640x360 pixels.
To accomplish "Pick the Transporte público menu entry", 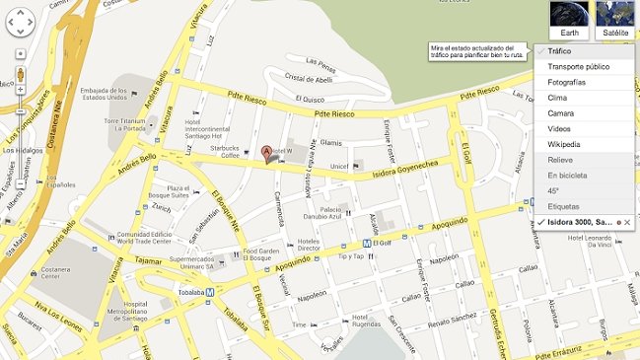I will (x=578, y=67).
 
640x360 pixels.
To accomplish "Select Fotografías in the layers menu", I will (x=567, y=82).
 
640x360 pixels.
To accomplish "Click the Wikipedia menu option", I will (x=565, y=144).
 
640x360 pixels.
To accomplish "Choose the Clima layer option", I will (x=558, y=98).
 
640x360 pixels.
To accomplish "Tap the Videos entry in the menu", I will (x=559, y=129).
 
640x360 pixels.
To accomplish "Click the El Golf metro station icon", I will (x=366, y=242).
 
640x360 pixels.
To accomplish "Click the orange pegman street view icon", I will (x=21, y=75).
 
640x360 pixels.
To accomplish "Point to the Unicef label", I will (x=340, y=165).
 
